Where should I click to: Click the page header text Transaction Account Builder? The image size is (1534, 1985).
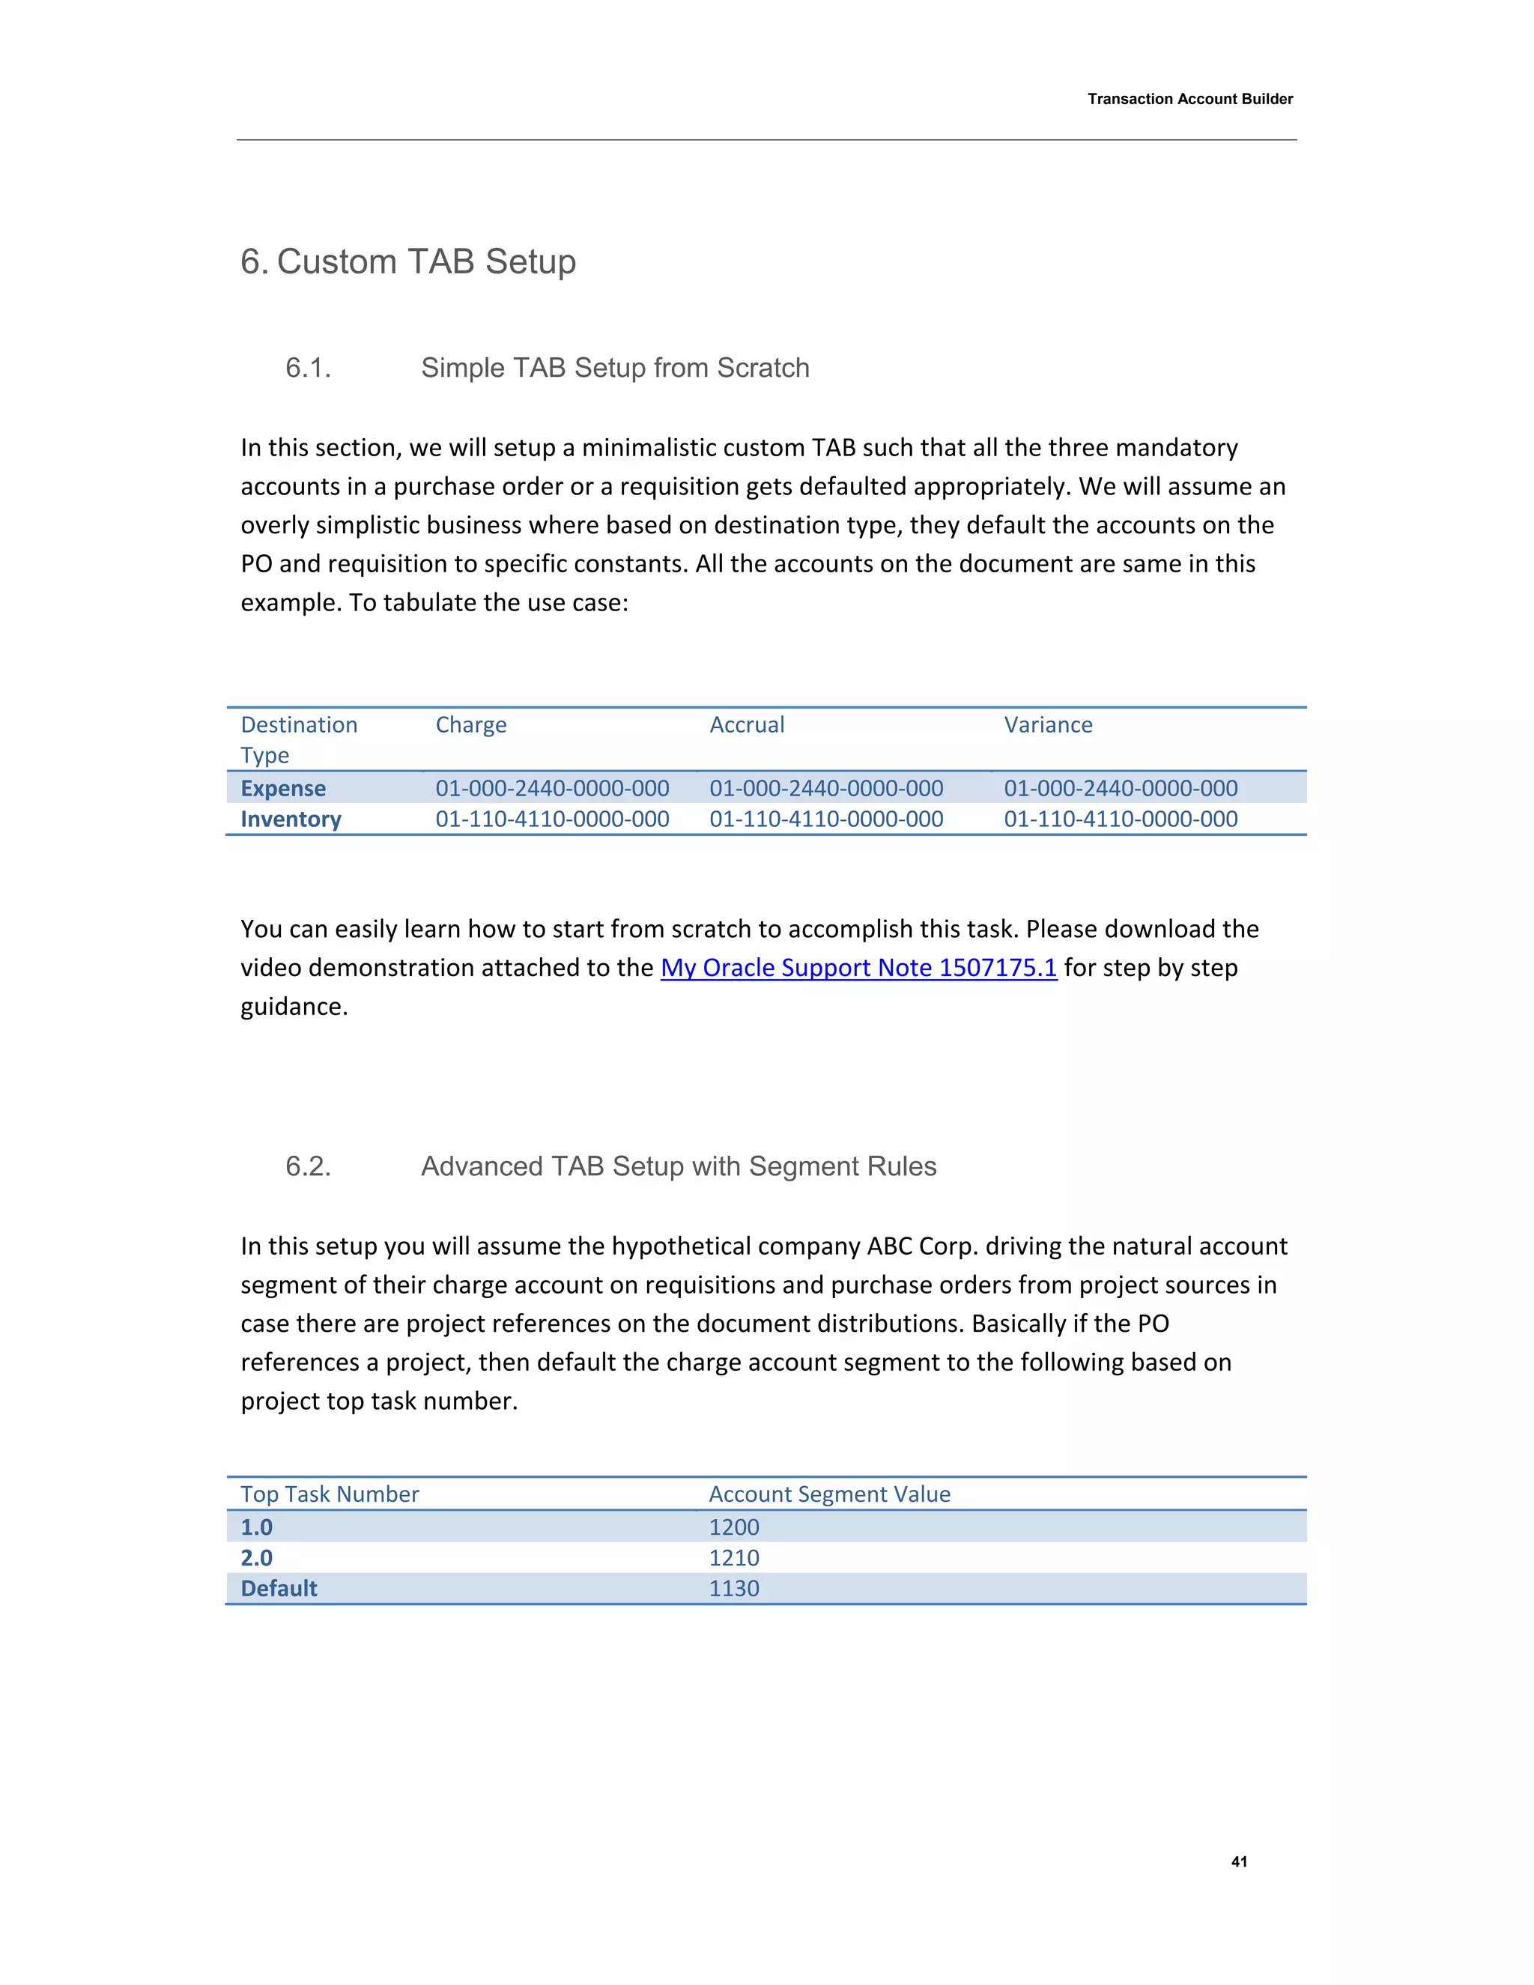(1189, 99)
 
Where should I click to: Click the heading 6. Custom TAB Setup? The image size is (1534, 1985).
(408, 261)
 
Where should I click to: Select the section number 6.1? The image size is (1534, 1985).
(308, 368)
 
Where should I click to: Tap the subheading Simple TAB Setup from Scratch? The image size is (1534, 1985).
(614, 368)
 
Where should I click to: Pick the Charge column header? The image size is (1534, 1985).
(470, 725)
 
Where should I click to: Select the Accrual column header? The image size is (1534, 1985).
(746, 725)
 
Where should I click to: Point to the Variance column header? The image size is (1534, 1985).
(1048, 725)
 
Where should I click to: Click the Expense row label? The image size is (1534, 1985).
(282, 788)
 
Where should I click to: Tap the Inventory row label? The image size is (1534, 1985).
(291, 819)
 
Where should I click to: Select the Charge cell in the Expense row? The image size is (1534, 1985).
(551, 788)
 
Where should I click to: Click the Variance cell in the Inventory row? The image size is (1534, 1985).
(1120, 819)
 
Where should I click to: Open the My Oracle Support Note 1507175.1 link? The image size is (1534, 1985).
(858, 968)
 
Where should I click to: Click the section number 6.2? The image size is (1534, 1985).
(308, 1166)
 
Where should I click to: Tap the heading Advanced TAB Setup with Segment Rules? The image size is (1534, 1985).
(678, 1166)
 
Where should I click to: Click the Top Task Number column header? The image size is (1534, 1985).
(330, 1494)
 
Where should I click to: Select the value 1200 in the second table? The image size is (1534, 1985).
(733, 1527)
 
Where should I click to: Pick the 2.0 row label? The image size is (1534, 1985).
(256, 1558)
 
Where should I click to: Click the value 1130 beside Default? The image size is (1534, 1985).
(733, 1589)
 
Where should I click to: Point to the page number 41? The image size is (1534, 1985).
(1239, 1861)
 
